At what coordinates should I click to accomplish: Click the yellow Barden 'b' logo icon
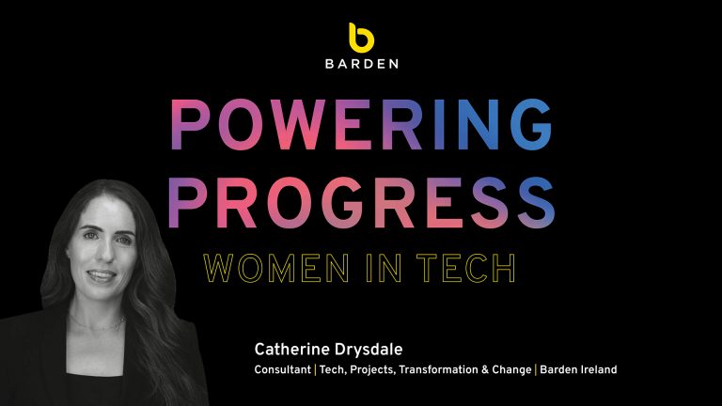(x=361, y=38)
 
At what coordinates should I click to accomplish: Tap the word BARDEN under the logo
(x=362, y=64)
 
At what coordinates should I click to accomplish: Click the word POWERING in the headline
(x=361, y=125)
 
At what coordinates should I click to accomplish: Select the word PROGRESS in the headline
(x=361, y=203)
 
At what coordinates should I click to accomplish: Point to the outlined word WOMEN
(x=276, y=268)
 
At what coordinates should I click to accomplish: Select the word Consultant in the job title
(x=282, y=369)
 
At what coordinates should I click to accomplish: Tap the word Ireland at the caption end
(x=596, y=369)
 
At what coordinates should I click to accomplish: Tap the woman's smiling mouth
(x=102, y=275)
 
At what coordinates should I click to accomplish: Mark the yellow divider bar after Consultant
(x=315, y=369)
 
